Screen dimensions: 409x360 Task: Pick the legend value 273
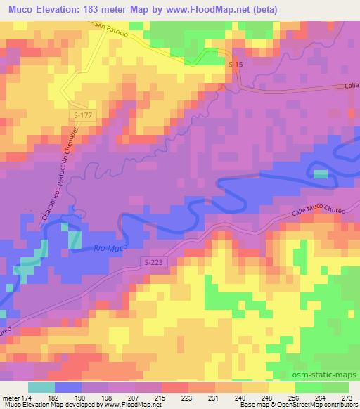[x=347, y=398]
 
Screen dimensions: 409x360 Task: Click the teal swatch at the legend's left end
[x=41, y=387]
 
